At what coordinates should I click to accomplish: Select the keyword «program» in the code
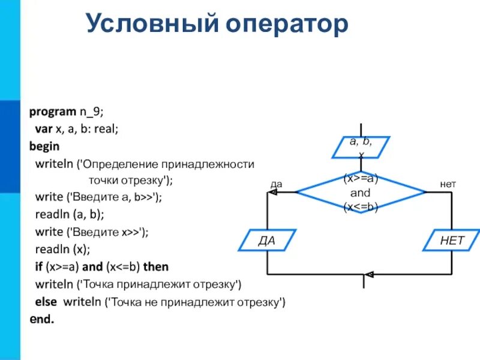pyautogui.click(x=53, y=112)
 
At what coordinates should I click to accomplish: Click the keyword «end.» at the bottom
pyautogui.click(x=42, y=319)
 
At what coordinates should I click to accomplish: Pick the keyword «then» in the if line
pyautogui.click(x=156, y=266)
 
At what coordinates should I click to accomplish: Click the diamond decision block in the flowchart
pyautogui.click(x=361, y=193)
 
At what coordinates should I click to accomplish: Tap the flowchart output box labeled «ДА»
pyautogui.click(x=266, y=241)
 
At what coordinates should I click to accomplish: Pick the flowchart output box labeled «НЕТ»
pyautogui.click(x=452, y=241)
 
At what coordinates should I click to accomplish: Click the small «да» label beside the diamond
pyautogui.click(x=276, y=185)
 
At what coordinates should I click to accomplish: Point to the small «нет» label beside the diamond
pyautogui.click(x=448, y=185)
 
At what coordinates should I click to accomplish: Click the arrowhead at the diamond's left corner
pyautogui.click(x=293, y=192)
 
